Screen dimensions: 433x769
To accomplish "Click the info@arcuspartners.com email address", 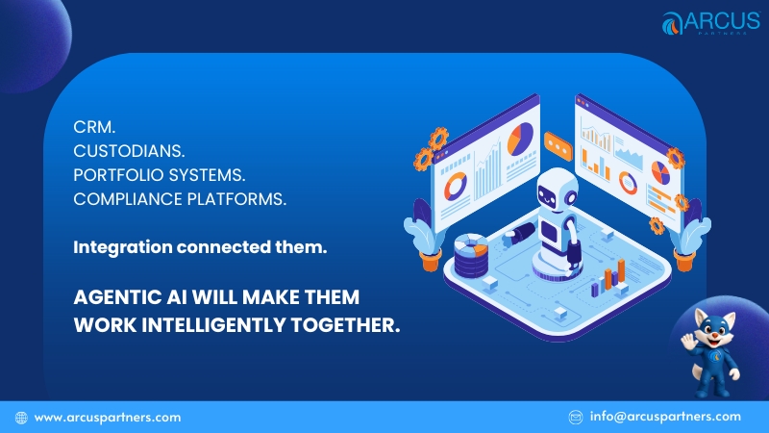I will click(x=665, y=417).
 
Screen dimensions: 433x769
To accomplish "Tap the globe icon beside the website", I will click(x=20, y=418).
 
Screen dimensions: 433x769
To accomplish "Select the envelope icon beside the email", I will click(x=576, y=417).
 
